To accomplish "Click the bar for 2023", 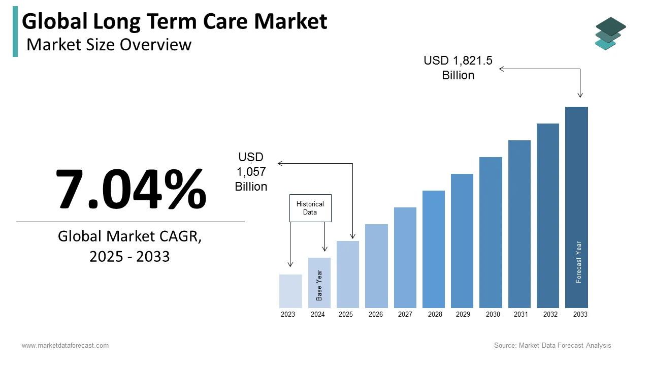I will pyautogui.click(x=290, y=291).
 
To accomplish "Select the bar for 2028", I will pyautogui.click(x=433, y=249).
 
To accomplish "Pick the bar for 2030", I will pyautogui.click(x=491, y=232).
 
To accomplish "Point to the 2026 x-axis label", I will pyautogui.click(x=376, y=314).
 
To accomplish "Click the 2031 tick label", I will pyautogui.click(x=521, y=314).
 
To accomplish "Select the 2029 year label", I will pyautogui.click(x=463, y=314).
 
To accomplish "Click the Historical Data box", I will pyautogui.click(x=310, y=208).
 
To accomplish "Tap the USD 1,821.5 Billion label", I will pyautogui.click(x=458, y=68).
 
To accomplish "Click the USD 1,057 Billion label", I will pyautogui.click(x=251, y=172).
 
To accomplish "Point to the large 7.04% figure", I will pyautogui.click(x=131, y=189).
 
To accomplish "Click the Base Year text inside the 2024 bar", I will pyautogui.click(x=319, y=285).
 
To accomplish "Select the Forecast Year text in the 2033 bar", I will pyautogui.click(x=578, y=262).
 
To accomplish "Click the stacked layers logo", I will pyautogui.click(x=610, y=34).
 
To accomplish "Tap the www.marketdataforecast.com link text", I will pyautogui.click(x=65, y=345).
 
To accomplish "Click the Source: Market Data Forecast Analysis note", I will pyautogui.click(x=552, y=345).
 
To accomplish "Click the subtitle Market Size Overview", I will pyautogui.click(x=109, y=45).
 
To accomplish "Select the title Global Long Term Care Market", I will pyautogui.click(x=175, y=21).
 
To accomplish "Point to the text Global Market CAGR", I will pyautogui.click(x=129, y=236).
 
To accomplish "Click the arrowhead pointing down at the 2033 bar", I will pyautogui.click(x=580, y=95).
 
